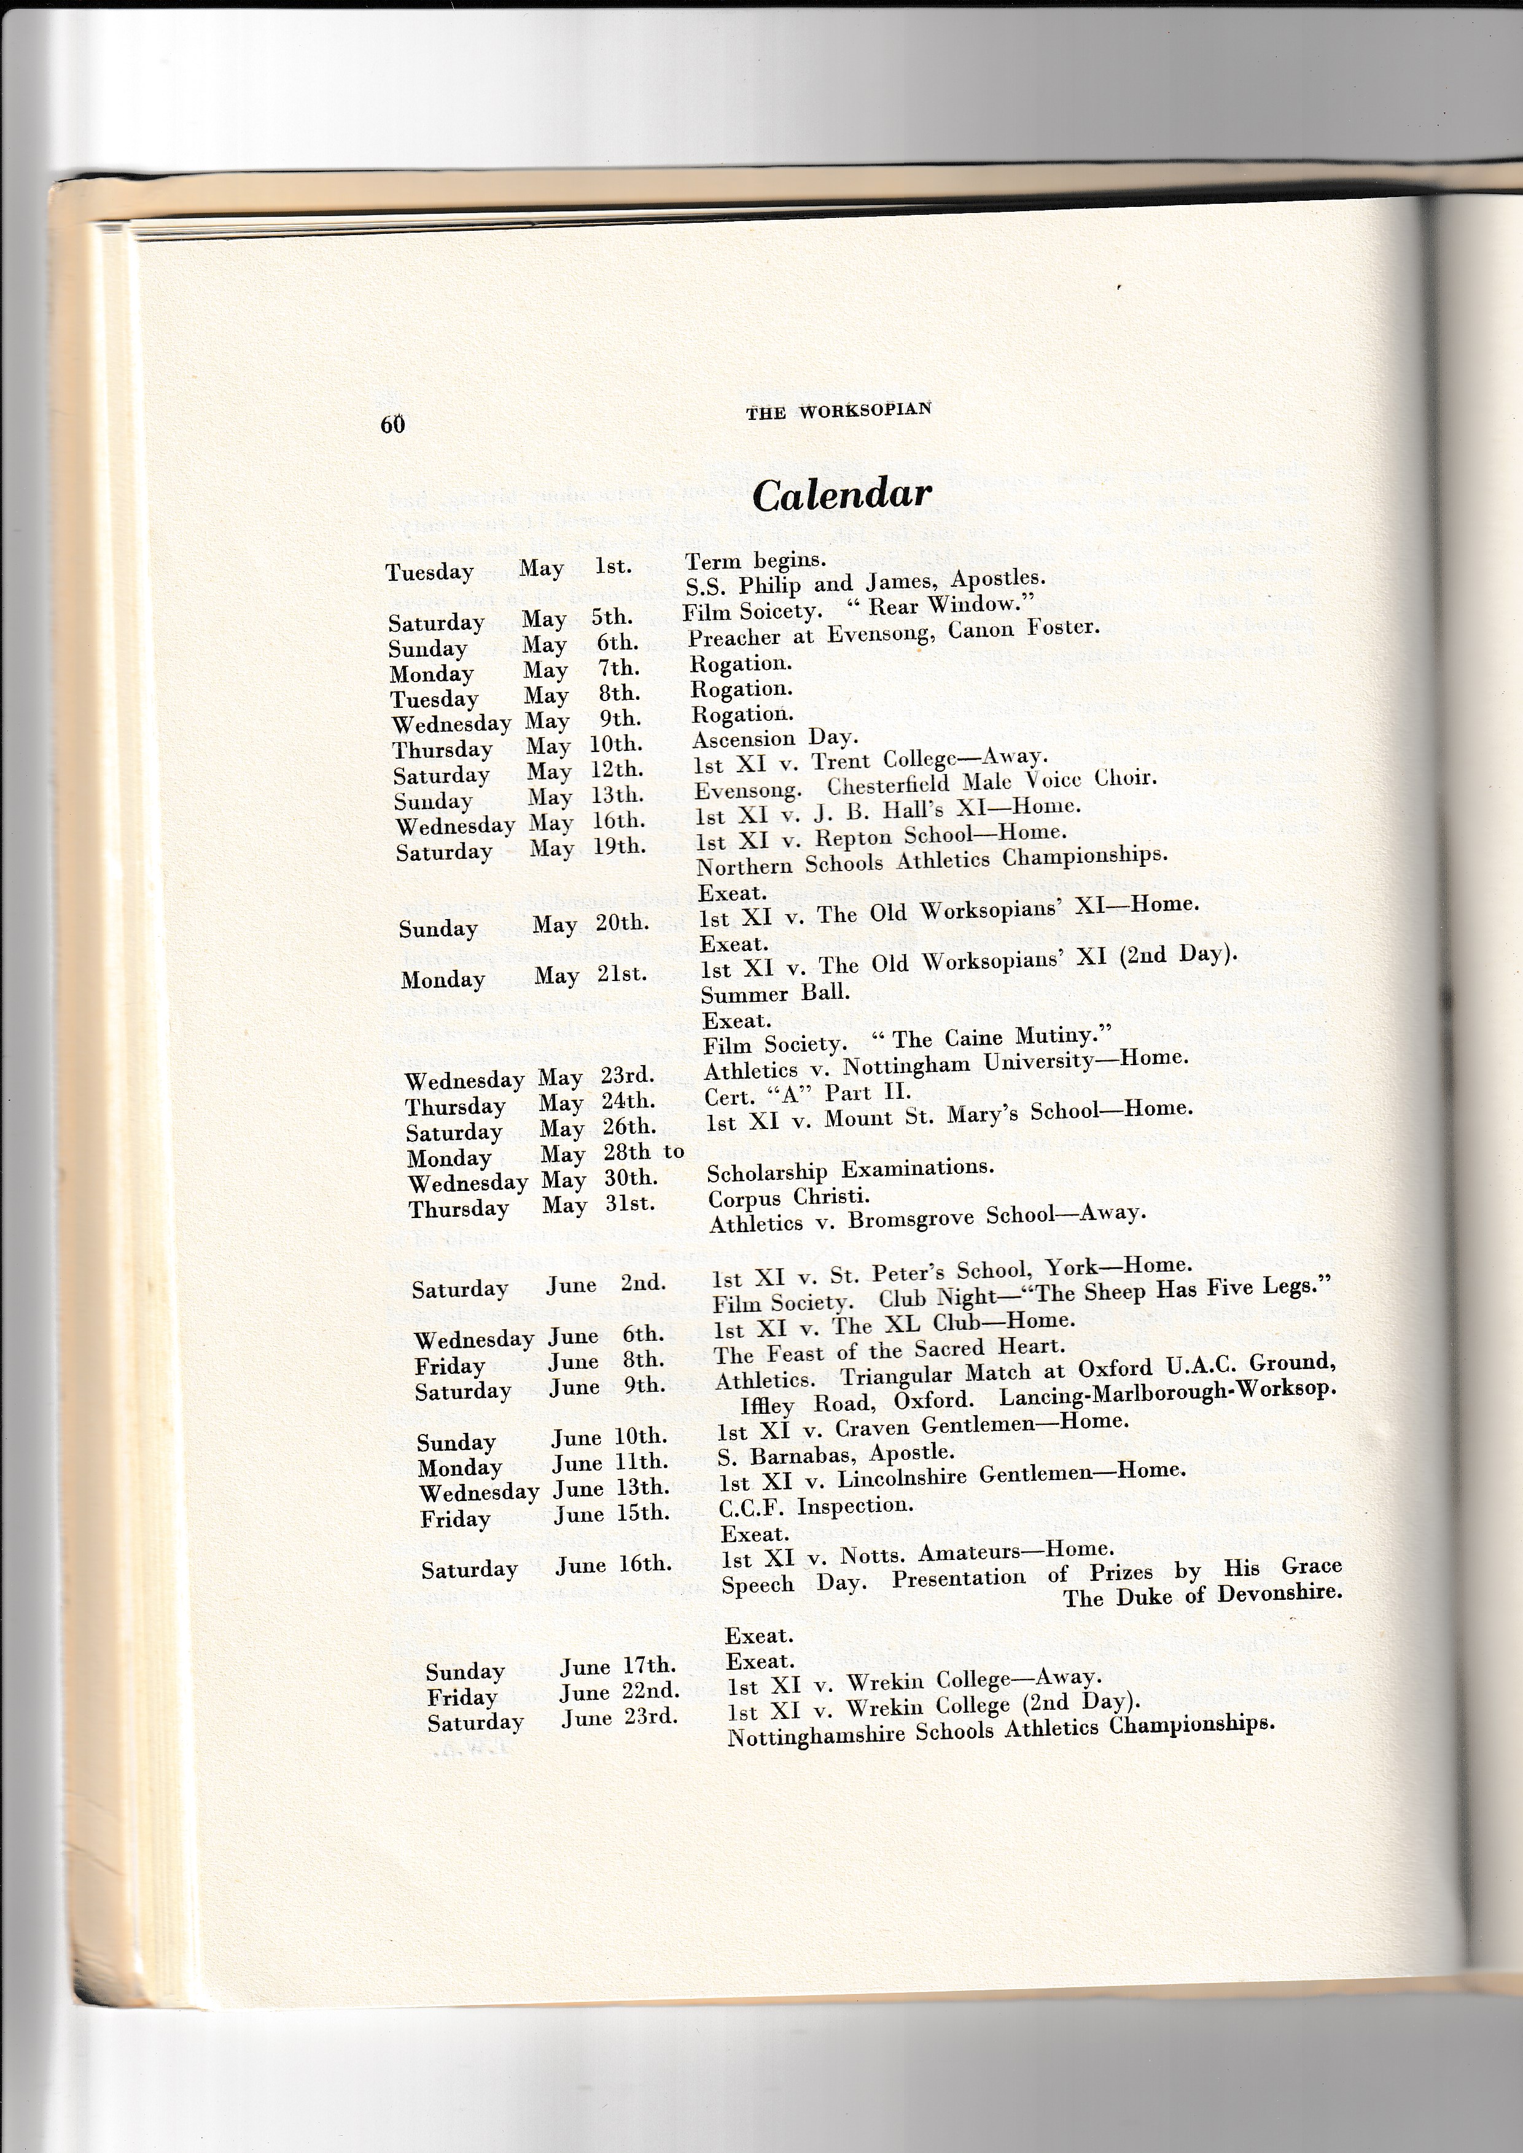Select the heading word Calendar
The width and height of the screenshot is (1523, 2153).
[841, 495]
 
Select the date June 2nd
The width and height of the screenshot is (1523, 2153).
[605, 1284]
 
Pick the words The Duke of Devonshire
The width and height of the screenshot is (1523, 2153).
[1202, 1595]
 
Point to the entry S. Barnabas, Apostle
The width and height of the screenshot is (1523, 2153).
[835, 1454]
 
